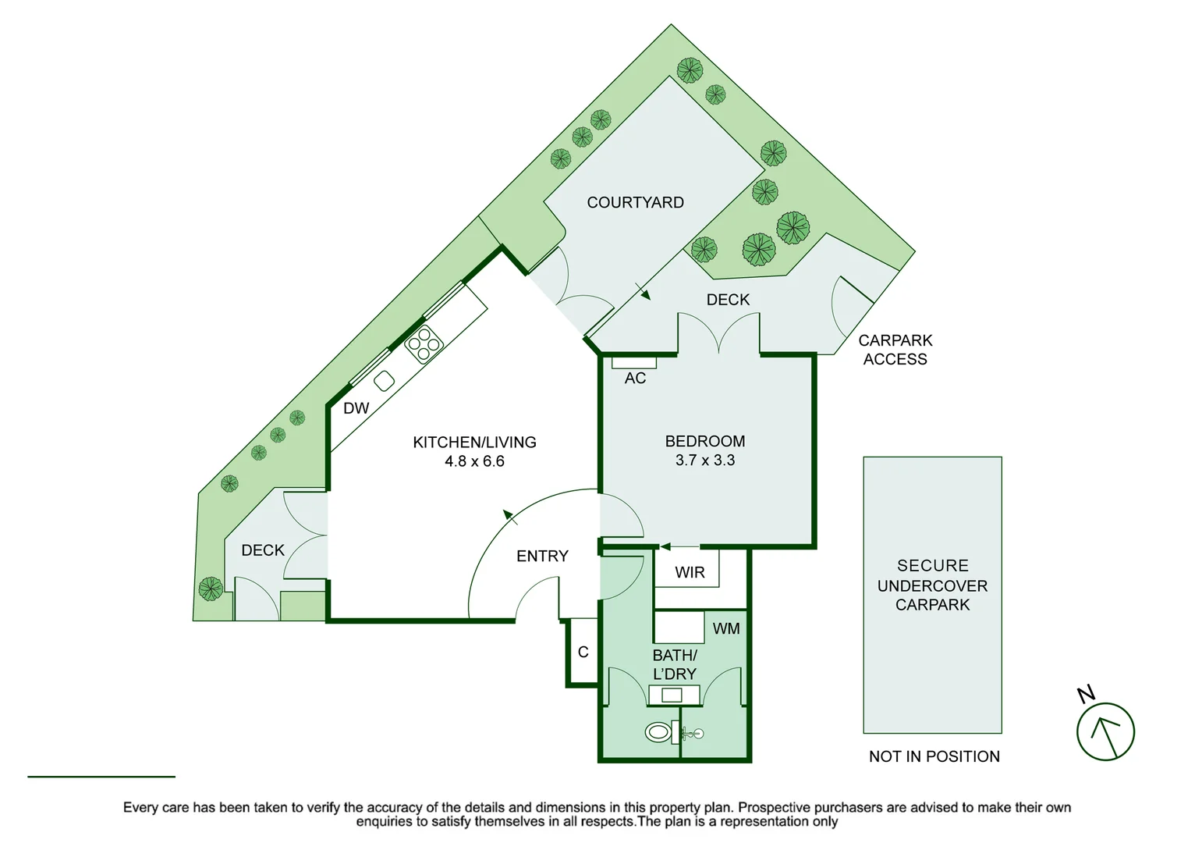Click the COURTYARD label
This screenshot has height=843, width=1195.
(635, 202)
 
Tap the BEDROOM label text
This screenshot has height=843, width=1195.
(704, 441)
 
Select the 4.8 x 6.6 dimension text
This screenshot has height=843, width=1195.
(474, 461)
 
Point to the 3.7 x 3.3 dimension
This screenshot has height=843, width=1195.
(704, 460)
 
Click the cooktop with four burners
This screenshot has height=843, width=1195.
(424, 344)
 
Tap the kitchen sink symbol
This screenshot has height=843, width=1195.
(384, 381)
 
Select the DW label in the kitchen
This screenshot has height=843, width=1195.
(356, 408)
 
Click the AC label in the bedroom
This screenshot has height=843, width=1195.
(635, 378)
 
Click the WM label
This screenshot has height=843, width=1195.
(726, 628)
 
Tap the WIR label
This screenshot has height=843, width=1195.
(690, 572)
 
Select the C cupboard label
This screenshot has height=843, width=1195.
(583, 652)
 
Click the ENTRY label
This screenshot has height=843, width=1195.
(542, 557)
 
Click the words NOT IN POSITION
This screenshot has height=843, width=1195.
(934, 756)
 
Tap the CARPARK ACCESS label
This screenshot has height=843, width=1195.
(895, 350)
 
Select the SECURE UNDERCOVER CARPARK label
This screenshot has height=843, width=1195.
(933, 585)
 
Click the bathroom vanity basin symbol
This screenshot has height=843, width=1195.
(672, 695)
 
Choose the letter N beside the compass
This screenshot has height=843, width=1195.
(1086, 693)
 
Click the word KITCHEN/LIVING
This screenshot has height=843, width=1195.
(474, 442)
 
